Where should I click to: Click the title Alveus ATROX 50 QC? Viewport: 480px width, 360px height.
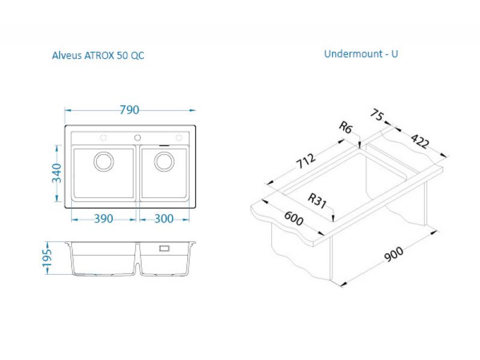(x=98, y=55)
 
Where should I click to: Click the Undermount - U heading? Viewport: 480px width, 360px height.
(x=361, y=54)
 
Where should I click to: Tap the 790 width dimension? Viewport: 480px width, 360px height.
(x=129, y=110)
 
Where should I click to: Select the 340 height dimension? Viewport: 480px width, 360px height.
(x=56, y=173)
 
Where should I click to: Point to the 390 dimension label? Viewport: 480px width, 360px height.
(x=103, y=218)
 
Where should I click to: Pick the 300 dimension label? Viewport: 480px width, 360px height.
(x=164, y=218)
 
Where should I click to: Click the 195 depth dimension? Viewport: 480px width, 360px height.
(x=47, y=258)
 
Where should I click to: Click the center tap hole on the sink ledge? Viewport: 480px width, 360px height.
(x=138, y=138)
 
